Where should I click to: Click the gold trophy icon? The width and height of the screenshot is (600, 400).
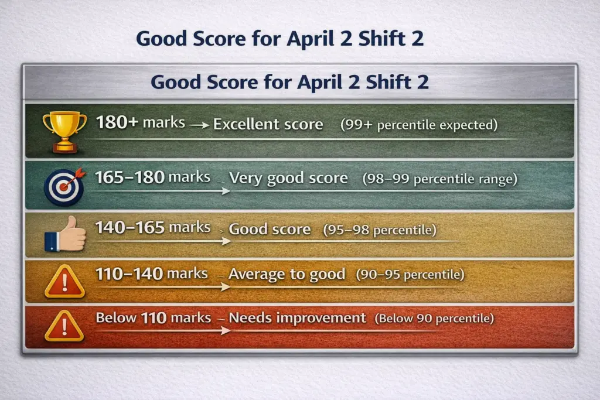pos(64,132)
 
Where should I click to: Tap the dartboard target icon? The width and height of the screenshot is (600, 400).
pos(64,187)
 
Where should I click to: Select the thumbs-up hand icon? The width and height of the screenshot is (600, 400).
pos(66,234)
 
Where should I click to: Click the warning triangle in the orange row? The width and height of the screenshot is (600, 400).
pos(64,282)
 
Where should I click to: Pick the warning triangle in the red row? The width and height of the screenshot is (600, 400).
pos(64,326)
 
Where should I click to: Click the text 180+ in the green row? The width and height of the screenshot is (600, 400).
pos(117,122)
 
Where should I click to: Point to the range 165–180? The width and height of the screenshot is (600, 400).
pos(129,177)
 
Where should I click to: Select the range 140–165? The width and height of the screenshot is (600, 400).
pos(129,228)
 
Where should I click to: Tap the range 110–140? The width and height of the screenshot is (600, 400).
pos(129,274)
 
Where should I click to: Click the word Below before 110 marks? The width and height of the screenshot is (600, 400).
pos(116,317)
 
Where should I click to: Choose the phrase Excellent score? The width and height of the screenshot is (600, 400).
pos(268,124)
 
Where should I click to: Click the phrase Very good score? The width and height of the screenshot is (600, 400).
pos(288,178)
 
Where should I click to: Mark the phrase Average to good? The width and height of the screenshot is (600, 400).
pos(287,274)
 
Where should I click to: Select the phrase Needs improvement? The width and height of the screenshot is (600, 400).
pos(297,318)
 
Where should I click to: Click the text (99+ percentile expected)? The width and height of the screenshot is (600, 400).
pos(419,125)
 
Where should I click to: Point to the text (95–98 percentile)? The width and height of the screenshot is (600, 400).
pos(380,230)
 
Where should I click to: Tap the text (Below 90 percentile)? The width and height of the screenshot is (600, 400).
pos(434,318)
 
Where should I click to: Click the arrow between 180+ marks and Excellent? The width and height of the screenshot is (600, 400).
pos(199,125)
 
